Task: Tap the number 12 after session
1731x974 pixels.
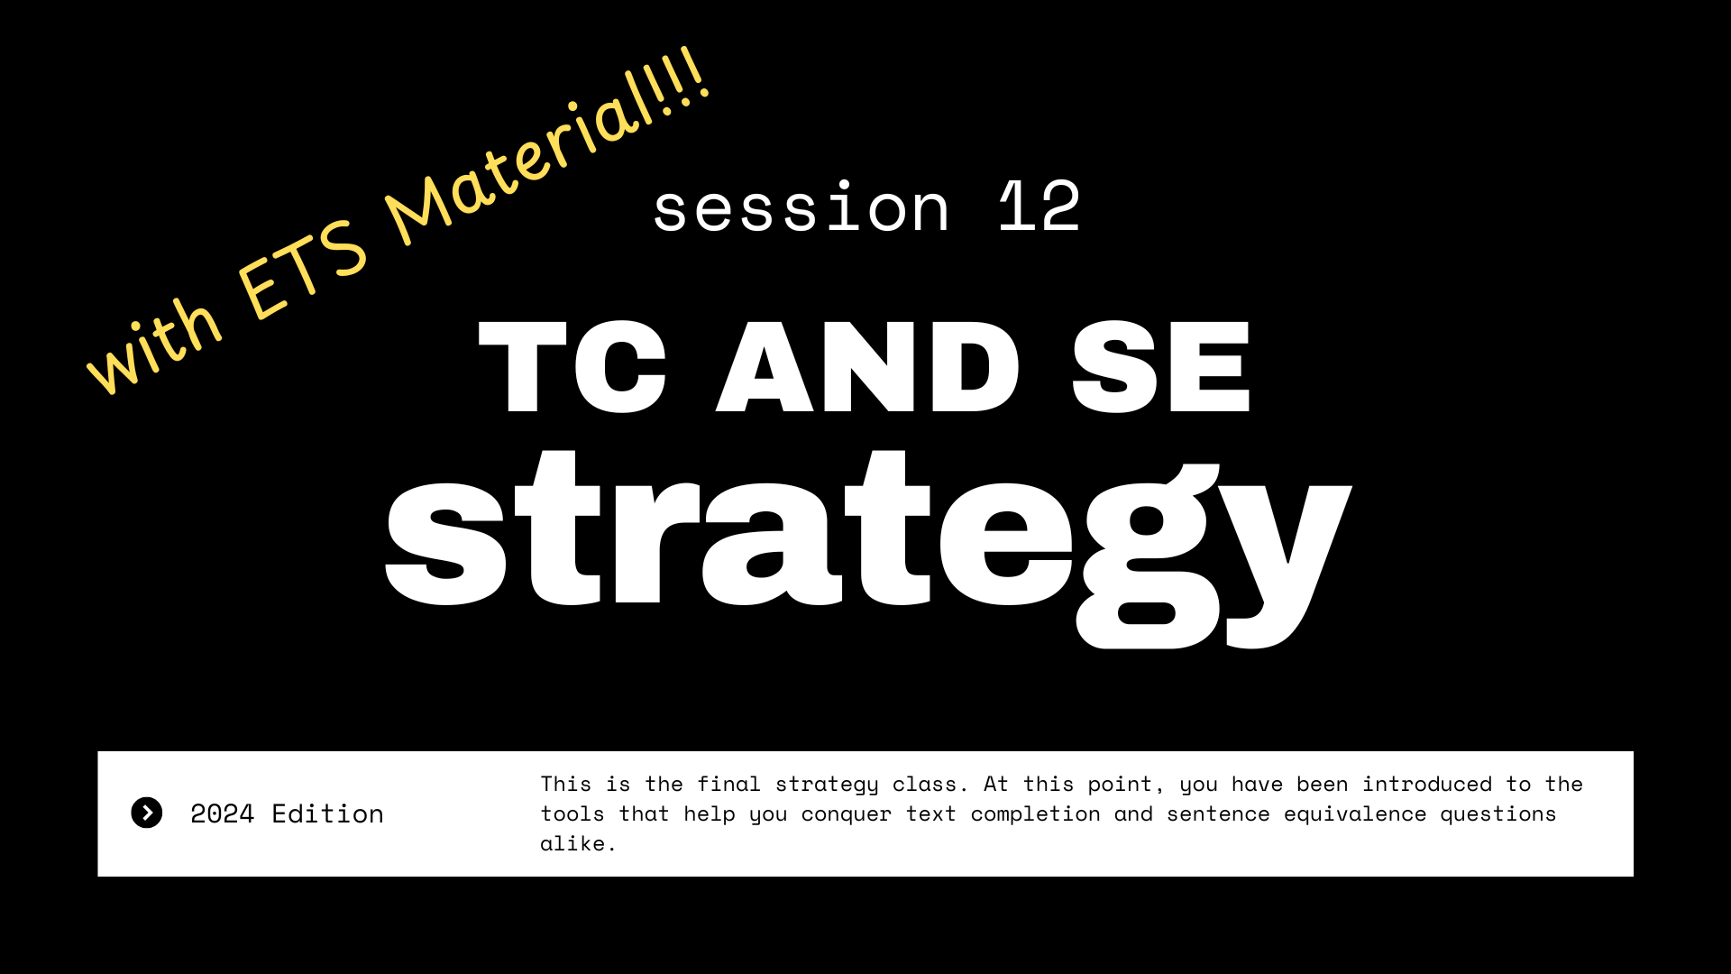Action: [1040, 207]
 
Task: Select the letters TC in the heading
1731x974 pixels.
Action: [572, 368]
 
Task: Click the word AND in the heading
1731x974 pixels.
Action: [867, 368]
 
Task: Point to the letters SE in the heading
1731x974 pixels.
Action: [1161, 368]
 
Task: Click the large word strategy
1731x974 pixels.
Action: [867, 541]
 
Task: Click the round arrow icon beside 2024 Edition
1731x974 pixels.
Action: [147, 813]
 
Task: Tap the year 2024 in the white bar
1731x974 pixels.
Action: [223, 813]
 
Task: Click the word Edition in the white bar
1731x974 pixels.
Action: [327, 813]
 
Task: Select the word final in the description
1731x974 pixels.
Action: [728, 784]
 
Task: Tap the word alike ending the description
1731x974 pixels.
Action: [572, 843]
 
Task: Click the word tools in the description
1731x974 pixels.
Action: [572, 813]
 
